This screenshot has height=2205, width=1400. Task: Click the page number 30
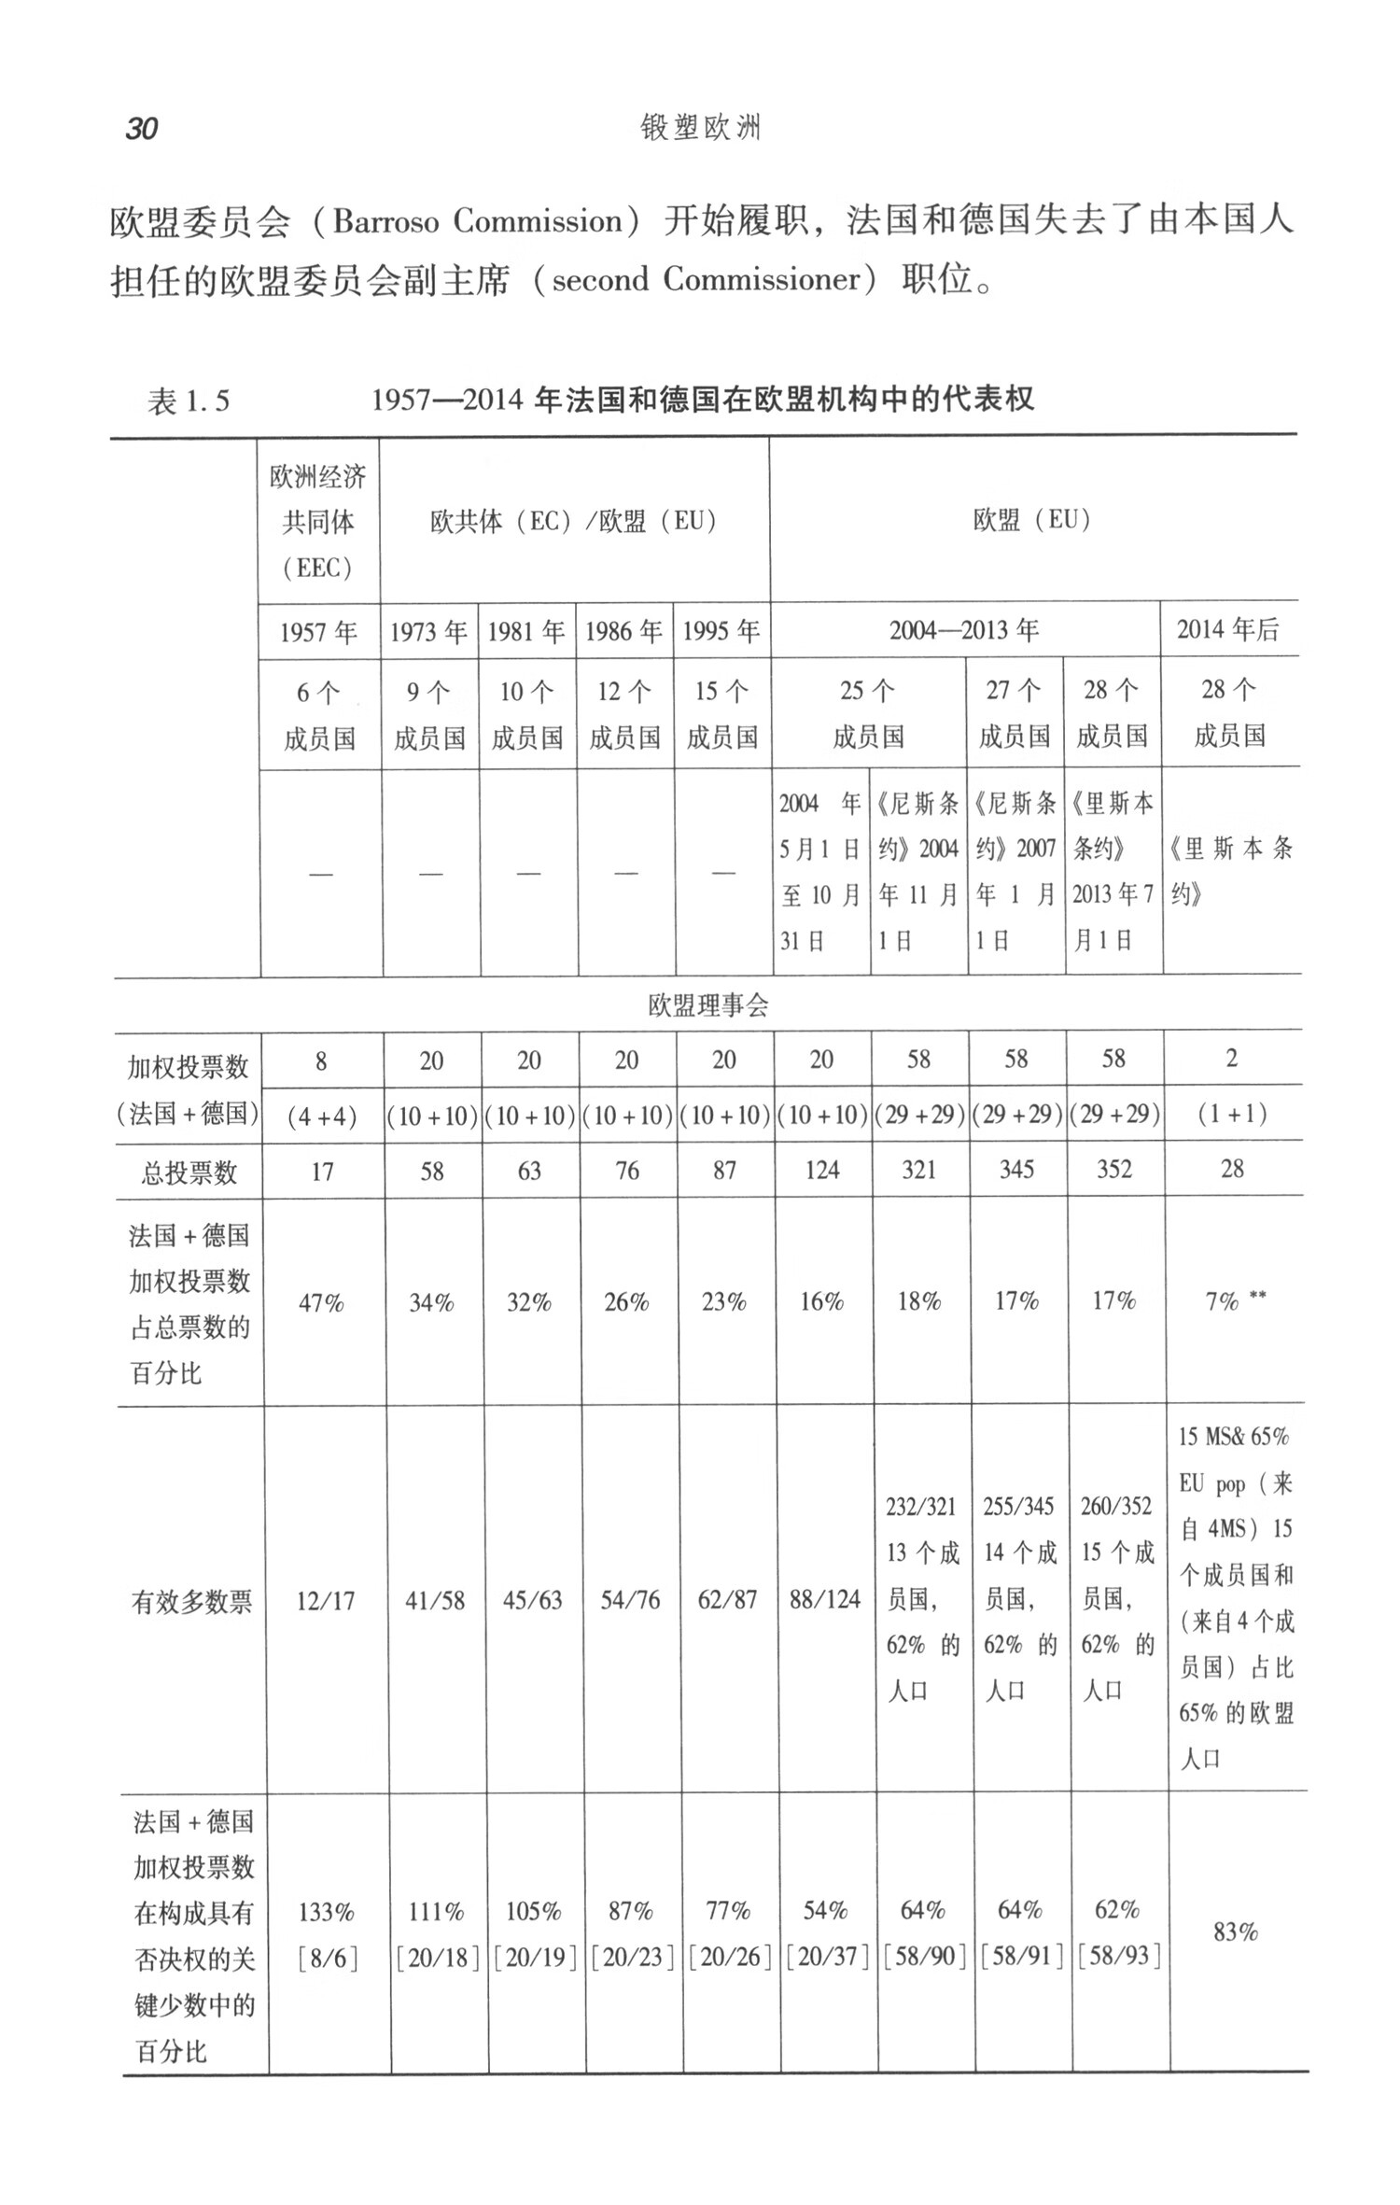142,128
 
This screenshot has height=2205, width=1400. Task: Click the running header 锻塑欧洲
701,128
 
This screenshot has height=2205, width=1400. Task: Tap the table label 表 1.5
189,401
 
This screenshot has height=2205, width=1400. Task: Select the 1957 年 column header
319,632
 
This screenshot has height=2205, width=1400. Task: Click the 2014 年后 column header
1228,629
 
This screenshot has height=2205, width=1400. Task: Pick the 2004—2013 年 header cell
964,630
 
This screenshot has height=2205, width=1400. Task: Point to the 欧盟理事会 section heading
708,1005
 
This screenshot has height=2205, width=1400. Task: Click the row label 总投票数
189,1172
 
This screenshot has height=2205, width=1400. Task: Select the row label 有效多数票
191,1602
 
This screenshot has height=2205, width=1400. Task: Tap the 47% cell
321,1302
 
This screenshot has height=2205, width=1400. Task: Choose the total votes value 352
1114,1169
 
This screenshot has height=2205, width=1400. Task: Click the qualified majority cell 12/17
326,1601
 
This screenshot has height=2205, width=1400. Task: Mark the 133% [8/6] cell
327,1934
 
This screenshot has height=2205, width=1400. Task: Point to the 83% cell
1236,1931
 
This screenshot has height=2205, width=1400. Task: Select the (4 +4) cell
322,1117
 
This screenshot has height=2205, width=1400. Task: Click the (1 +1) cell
1232,1114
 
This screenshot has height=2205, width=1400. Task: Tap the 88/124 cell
824,1599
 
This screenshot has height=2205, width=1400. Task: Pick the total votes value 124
822,1170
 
